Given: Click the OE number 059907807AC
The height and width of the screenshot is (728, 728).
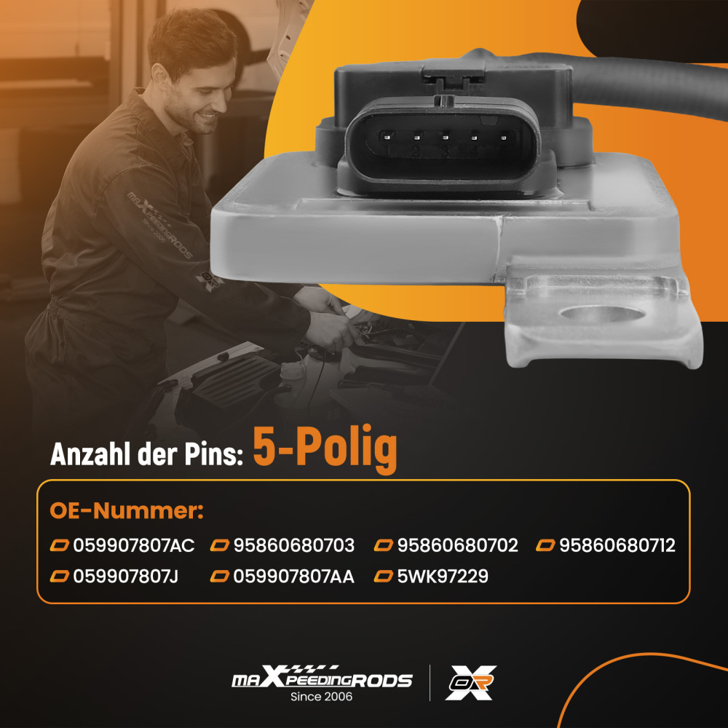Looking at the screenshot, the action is click(134, 545).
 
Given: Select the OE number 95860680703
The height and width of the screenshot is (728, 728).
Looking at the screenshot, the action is click(294, 545).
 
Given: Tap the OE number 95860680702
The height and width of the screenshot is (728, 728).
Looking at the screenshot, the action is click(457, 545).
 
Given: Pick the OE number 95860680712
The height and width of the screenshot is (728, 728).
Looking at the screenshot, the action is click(617, 545).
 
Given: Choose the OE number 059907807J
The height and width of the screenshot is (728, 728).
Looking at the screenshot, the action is click(125, 576).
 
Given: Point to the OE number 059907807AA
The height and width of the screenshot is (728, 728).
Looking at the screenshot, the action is click(293, 576).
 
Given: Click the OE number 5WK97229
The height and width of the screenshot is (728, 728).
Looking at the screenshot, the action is click(443, 576).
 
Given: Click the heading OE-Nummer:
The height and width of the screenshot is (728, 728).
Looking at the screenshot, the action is click(126, 511).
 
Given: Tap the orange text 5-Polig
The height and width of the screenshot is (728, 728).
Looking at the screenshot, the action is click(325, 448).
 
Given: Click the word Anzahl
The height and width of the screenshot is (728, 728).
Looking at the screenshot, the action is click(90, 454).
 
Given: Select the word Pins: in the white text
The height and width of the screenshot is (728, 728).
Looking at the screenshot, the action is click(214, 454).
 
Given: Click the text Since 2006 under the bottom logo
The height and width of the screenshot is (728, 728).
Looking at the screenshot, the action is click(321, 697).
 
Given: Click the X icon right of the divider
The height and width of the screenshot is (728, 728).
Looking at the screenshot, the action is click(471, 683).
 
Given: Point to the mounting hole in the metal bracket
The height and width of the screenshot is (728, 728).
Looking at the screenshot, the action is click(602, 314).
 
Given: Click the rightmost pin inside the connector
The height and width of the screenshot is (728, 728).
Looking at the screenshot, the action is click(503, 137).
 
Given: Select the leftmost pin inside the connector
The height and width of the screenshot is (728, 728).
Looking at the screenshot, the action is click(387, 137).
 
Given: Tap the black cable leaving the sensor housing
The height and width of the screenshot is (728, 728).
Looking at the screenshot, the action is click(650, 86).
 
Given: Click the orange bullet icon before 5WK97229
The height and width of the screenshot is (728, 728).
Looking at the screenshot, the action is click(384, 576).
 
